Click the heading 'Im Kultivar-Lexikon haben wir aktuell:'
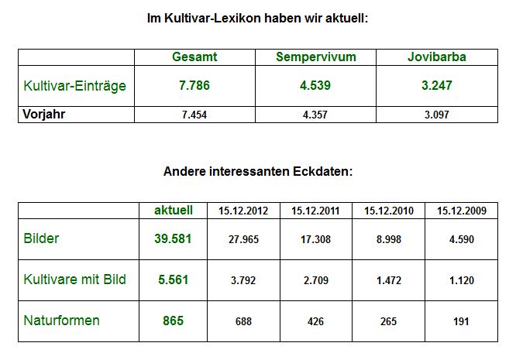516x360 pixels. tap(257, 18)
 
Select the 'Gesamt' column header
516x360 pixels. tap(194, 57)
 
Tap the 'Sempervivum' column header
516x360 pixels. tap(315, 57)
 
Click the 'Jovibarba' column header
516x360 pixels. tap(437, 57)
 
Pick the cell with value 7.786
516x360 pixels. tap(194, 85)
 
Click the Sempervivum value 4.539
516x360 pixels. tap(315, 85)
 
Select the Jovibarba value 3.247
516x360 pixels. tap(437, 85)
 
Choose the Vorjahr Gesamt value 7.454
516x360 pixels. tap(194, 115)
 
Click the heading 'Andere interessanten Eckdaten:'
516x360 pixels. tap(257, 171)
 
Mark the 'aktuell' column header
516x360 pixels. tap(173, 210)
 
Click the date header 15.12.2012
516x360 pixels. tap(243, 211)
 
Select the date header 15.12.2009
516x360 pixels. tap(462, 211)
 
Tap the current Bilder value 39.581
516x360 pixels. tap(173, 238)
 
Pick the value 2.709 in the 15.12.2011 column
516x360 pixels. tap(316, 280)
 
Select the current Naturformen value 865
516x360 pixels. tap(173, 320)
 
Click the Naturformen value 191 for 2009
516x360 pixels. tap(462, 321)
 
